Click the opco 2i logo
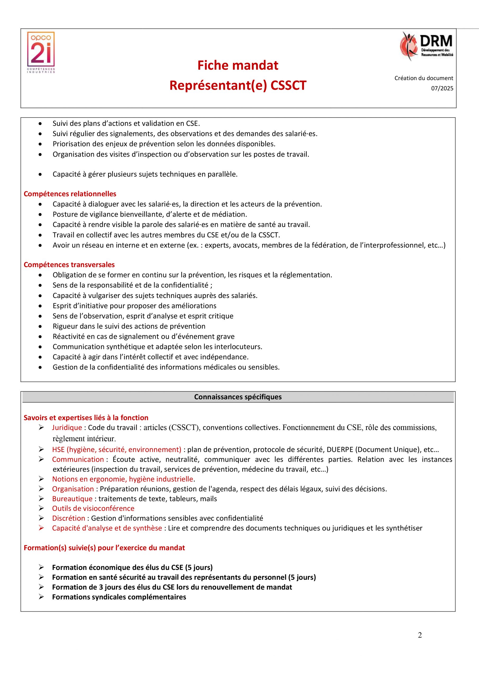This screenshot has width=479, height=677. pos(41,52)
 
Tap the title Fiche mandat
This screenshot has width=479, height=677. pos(238,65)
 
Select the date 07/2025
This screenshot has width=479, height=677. pos(442,88)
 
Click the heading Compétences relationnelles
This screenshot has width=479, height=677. pos(70,194)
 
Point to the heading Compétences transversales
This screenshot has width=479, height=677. pos(69,264)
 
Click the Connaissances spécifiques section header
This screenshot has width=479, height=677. pos(238,397)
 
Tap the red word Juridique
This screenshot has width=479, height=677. pos(67,428)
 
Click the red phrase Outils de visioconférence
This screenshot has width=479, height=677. pos(93,508)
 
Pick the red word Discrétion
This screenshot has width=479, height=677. pos(69,518)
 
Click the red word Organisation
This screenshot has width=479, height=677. pos(73,489)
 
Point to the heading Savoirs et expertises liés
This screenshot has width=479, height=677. pos(86,418)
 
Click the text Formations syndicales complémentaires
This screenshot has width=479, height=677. pos(119,597)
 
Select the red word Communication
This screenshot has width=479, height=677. pos(78,459)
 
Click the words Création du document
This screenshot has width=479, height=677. pos(423,78)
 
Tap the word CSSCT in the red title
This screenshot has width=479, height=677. pos(289,85)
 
